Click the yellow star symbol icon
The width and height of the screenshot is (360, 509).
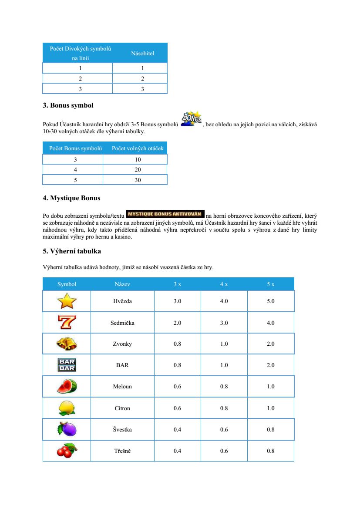pos(67,301)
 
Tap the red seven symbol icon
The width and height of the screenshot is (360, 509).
pos(67,322)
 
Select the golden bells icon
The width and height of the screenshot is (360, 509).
pos(67,344)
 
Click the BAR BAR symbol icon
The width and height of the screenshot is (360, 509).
pos(67,365)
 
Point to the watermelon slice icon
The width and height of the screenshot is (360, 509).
pos(67,386)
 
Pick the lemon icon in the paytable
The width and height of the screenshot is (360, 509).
pos(67,408)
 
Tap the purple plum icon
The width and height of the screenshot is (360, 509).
pos(67,429)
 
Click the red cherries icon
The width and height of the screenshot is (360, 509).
pos(67,451)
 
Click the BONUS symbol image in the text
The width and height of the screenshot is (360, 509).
pos(191,119)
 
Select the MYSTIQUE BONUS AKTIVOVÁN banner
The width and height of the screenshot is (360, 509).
pos(165,214)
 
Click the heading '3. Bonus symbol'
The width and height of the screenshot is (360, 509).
pos(68,105)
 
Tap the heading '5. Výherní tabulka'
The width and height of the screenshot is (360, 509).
pos(72,251)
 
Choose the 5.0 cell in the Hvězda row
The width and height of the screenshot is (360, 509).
pos(271,301)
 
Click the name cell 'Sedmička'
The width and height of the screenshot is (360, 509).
pos(122,323)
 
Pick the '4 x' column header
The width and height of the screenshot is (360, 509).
pos(224,284)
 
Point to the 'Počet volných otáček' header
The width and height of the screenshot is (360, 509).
pos(138,148)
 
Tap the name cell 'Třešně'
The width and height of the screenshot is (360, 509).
pos(122,451)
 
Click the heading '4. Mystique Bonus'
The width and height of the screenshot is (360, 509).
pos(71,198)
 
